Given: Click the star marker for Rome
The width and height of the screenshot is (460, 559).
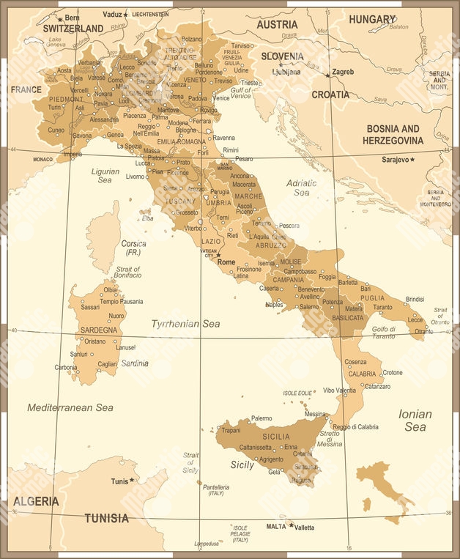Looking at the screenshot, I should click(218, 256).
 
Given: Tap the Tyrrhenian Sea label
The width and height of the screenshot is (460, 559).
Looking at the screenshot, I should click(185, 323).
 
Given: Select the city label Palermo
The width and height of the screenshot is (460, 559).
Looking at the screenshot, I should click(261, 418).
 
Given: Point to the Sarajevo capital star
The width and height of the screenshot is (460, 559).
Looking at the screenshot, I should click(412, 159).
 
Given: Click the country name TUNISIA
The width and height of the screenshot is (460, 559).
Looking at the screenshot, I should click(106, 518).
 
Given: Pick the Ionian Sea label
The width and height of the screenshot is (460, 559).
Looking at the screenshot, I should click(415, 420).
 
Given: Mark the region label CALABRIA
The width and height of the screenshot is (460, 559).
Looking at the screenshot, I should click(362, 374).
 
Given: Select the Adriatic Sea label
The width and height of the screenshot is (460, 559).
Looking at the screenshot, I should click(301, 187).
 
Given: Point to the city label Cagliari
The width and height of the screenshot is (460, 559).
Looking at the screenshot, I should click(108, 363).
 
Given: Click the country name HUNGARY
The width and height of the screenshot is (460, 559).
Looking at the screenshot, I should click(372, 19).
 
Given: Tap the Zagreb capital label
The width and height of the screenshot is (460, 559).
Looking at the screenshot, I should click(343, 72).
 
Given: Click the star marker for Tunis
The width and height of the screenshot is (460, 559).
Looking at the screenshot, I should click(132, 481).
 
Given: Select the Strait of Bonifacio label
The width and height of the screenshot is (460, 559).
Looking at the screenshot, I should click(128, 273).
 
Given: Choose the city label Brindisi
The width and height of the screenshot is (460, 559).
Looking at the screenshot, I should click(415, 299).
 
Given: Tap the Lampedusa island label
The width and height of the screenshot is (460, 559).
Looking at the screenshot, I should click(207, 544).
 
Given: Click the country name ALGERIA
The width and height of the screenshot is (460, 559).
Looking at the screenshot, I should click(35, 501).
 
